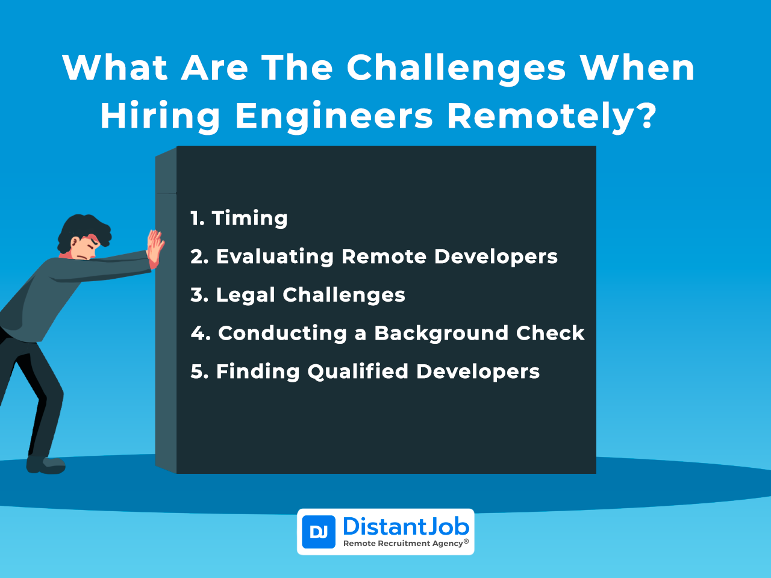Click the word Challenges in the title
click(x=456, y=69)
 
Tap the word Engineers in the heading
click(x=334, y=117)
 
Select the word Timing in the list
click(x=249, y=219)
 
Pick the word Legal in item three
click(x=245, y=296)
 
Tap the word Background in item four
click(x=441, y=334)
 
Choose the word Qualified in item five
click(x=358, y=372)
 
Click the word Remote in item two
click(x=384, y=256)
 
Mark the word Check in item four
click(x=550, y=333)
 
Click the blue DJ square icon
click(x=318, y=532)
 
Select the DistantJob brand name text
click(x=406, y=527)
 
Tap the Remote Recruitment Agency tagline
click(x=403, y=544)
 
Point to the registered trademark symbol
click(x=466, y=541)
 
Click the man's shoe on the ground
click(x=46, y=465)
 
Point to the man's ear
click(x=75, y=243)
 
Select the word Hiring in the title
click(x=160, y=117)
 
